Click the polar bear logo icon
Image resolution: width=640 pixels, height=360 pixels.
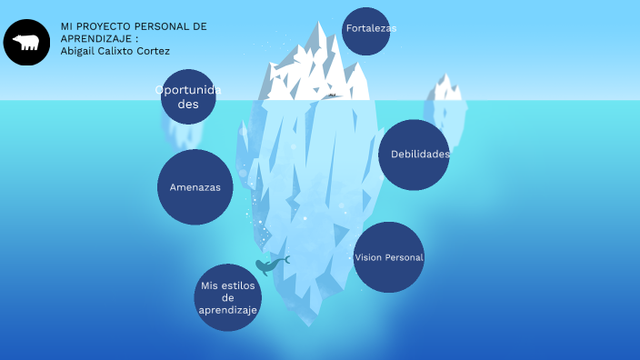[26, 42]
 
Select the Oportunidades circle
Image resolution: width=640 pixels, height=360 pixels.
[188, 96]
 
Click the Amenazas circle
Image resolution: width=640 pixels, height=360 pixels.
[195, 187]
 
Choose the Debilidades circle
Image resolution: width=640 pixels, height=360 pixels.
[415, 155]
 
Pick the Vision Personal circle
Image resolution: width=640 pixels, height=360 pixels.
[389, 257]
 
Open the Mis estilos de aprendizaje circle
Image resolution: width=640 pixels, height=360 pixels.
[228, 298]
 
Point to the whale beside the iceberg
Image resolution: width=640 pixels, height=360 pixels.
[269, 265]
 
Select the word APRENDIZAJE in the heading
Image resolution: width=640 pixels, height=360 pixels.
[96, 39]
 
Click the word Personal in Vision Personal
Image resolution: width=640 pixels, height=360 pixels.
[405, 257]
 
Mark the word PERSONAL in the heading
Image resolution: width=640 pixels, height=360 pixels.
[165, 26]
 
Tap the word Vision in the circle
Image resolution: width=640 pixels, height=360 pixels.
[368, 257]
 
